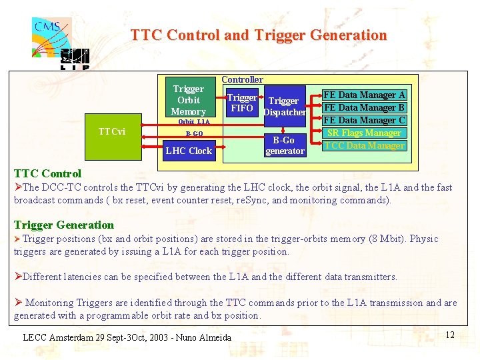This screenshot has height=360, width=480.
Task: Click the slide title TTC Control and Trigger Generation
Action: (x=259, y=35)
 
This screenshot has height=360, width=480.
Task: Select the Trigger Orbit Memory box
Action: (x=188, y=100)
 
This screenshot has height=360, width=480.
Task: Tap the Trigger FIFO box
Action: (x=241, y=103)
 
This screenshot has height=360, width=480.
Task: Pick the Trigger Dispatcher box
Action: (x=285, y=107)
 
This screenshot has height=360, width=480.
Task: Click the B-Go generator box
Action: (x=285, y=145)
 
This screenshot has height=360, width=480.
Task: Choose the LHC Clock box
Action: (x=189, y=151)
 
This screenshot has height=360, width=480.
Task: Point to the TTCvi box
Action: (x=111, y=131)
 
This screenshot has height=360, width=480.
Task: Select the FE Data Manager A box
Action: (x=364, y=95)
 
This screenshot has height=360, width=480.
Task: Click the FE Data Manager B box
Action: (x=364, y=107)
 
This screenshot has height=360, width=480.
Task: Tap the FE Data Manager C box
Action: (x=364, y=120)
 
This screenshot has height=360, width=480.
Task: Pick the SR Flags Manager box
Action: (x=364, y=133)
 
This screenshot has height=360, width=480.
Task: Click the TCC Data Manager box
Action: (x=364, y=145)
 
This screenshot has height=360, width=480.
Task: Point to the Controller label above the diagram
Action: (x=242, y=79)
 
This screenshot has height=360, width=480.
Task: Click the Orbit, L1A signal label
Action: (x=193, y=122)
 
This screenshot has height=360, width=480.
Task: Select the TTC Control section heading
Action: (x=47, y=173)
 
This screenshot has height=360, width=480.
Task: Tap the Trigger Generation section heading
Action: (x=64, y=225)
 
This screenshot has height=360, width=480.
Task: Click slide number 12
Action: (x=449, y=335)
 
